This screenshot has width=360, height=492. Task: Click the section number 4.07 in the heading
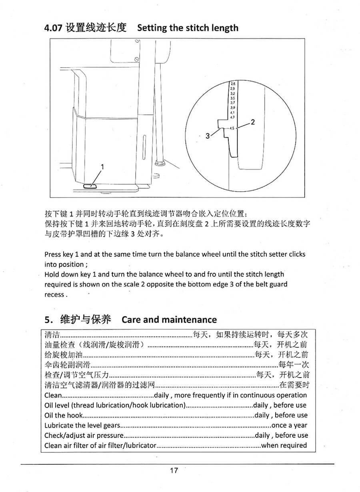pos(54,28)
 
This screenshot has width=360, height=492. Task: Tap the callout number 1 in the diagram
pos(102,167)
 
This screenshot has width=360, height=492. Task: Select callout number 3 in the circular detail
pos(207,136)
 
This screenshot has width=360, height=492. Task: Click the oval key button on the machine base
pos(90,185)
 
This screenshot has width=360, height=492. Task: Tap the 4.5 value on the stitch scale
pos(232,128)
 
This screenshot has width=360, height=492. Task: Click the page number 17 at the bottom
pos(174,470)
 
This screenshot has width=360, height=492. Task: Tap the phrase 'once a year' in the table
pos(289,425)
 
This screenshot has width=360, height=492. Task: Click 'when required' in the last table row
pos(284,445)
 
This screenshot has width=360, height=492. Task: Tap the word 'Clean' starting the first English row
pos(53,395)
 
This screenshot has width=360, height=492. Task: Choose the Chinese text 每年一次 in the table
pos(294,365)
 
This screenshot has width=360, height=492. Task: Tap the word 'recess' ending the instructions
pos(54,294)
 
